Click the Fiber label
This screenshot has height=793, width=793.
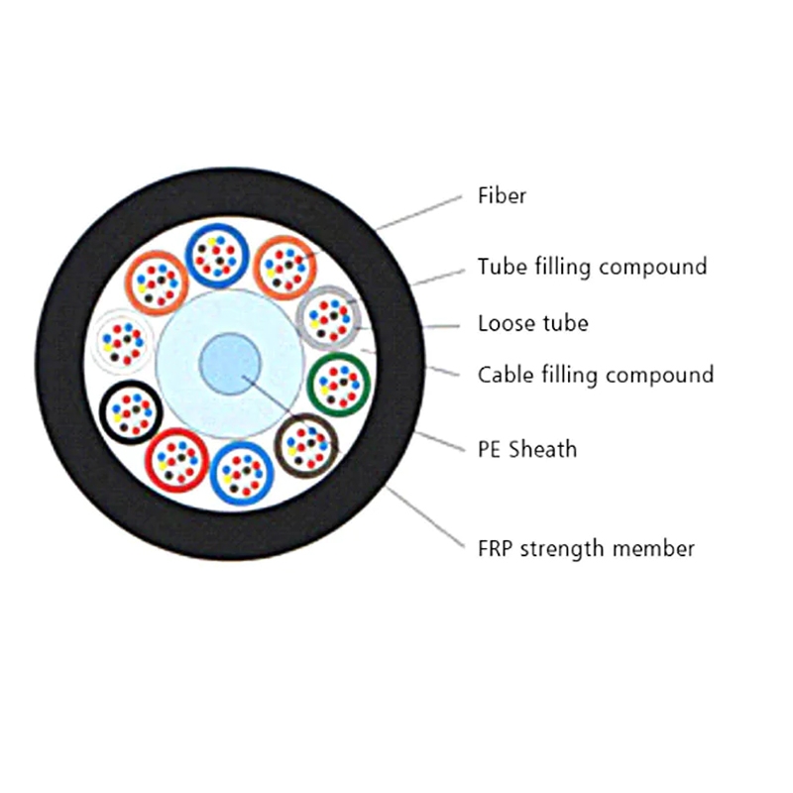click(502, 195)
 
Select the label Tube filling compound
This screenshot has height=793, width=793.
click(592, 267)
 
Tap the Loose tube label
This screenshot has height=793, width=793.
click(533, 323)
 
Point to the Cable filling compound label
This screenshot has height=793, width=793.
click(596, 375)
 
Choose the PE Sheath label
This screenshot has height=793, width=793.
click(527, 449)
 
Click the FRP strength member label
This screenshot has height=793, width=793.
click(586, 548)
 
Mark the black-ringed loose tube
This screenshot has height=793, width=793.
click(101, 412)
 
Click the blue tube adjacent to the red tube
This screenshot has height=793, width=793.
click(211, 474)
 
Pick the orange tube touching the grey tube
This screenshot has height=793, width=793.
click(255, 268)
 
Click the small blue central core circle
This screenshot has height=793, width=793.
click(230, 363)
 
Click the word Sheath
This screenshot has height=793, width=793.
click(542, 449)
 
